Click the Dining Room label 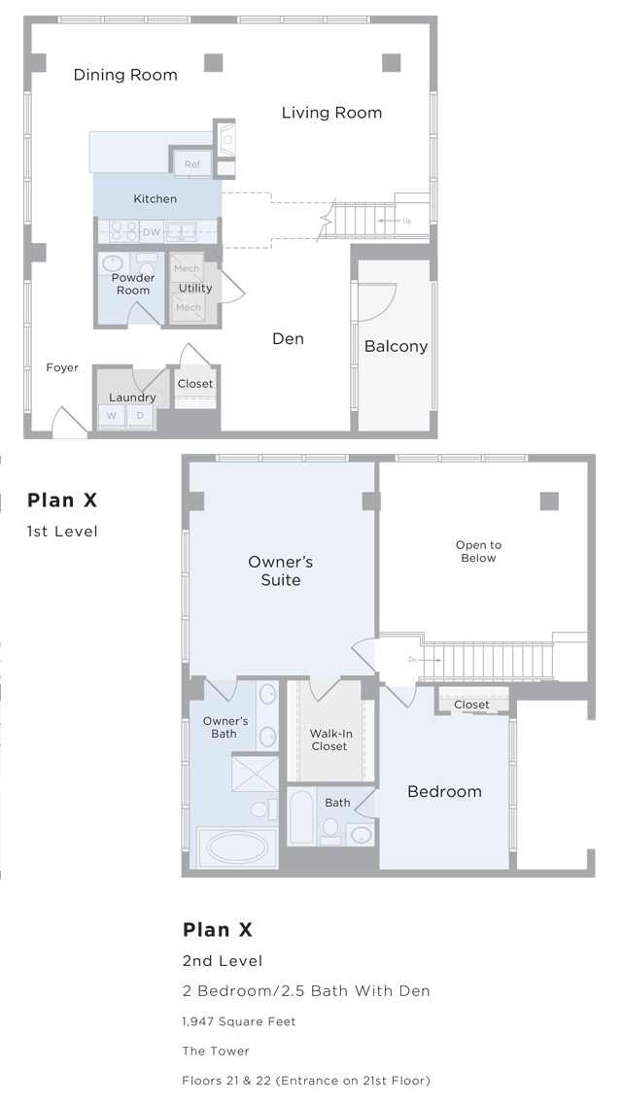pos(125,76)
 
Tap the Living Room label pos(331,113)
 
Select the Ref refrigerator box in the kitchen pos(192,163)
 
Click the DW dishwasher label pos(152,231)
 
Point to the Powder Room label pos(133,284)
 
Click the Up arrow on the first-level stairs pos(396,221)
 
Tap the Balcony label pos(396,346)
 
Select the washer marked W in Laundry pos(112,416)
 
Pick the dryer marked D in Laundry pos(140,416)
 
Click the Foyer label pos(62,367)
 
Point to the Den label pos(288,338)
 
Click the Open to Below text pos(478,551)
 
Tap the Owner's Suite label pos(280,571)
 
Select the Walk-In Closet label pos(329,740)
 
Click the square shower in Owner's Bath pos(256,773)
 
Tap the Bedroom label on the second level pos(444,791)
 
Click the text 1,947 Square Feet pos(239,1021)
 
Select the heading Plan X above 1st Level pos(62,500)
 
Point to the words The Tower pos(216,1052)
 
